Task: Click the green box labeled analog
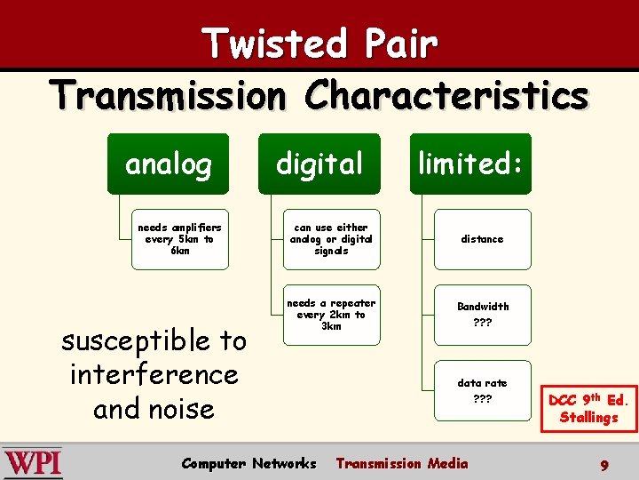(168, 164)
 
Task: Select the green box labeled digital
(319, 164)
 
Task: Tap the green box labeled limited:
(469, 164)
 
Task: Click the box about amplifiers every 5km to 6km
(179, 239)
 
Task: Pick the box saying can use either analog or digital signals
(331, 239)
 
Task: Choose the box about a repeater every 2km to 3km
(331, 315)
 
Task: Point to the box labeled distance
(482, 239)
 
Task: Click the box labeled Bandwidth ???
(482, 315)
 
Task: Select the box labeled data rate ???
(482, 390)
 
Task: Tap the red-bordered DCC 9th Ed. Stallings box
(588, 408)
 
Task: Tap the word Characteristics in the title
(446, 95)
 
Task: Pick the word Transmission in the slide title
(169, 95)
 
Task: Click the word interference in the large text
(154, 374)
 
